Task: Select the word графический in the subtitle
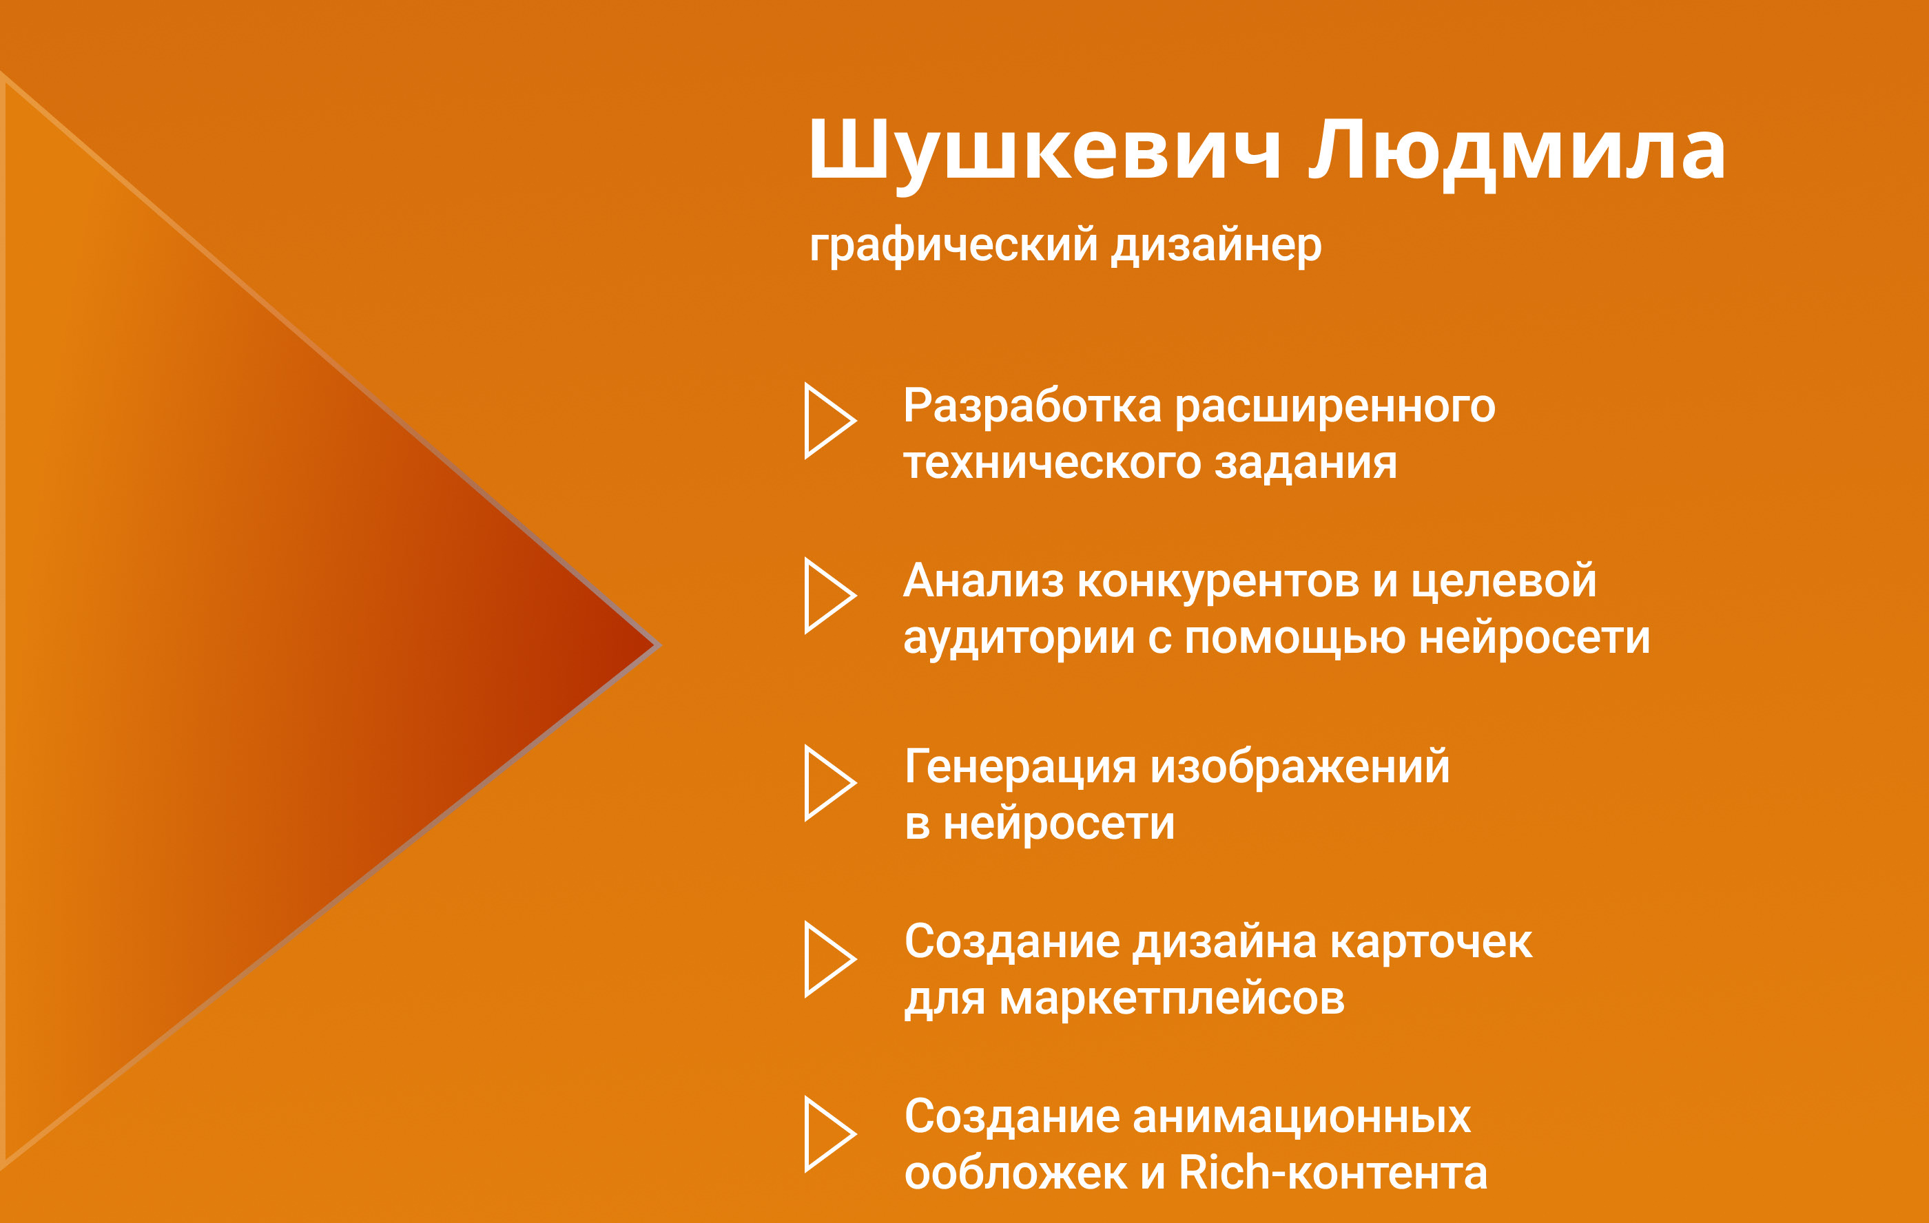[953, 246]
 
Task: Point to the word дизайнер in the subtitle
[1217, 246]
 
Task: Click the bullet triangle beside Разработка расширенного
[809, 421]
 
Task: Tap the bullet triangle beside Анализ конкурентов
[809, 596]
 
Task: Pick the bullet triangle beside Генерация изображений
[809, 783]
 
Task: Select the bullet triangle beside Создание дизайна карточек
[809, 959]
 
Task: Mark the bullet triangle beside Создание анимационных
[809, 1134]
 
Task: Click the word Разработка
[1033, 406]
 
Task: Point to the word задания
[1306, 463]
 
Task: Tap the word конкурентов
[1219, 583]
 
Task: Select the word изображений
[1300, 767]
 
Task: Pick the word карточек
[1432, 943]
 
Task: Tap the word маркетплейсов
[1172, 1001]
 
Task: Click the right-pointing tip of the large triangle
[659, 645]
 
